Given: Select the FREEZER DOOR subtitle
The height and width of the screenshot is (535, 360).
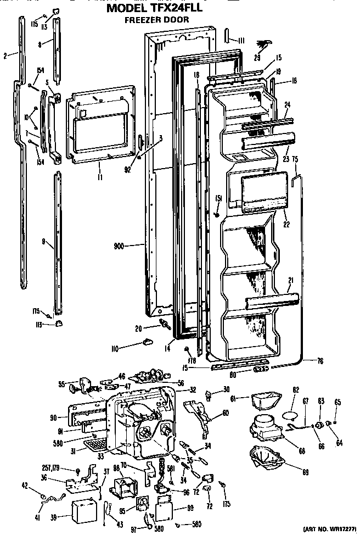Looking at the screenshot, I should (157, 19).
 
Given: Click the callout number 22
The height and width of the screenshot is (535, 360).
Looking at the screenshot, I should (286, 224).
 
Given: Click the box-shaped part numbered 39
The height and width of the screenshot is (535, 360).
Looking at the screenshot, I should (77, 509).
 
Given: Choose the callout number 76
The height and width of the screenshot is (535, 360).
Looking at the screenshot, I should (319, 361).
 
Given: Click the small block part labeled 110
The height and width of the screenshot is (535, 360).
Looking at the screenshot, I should (147, 343).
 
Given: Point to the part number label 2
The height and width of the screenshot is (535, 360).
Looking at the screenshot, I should (5, 55).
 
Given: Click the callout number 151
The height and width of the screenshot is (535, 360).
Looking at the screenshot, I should (218, 198).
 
